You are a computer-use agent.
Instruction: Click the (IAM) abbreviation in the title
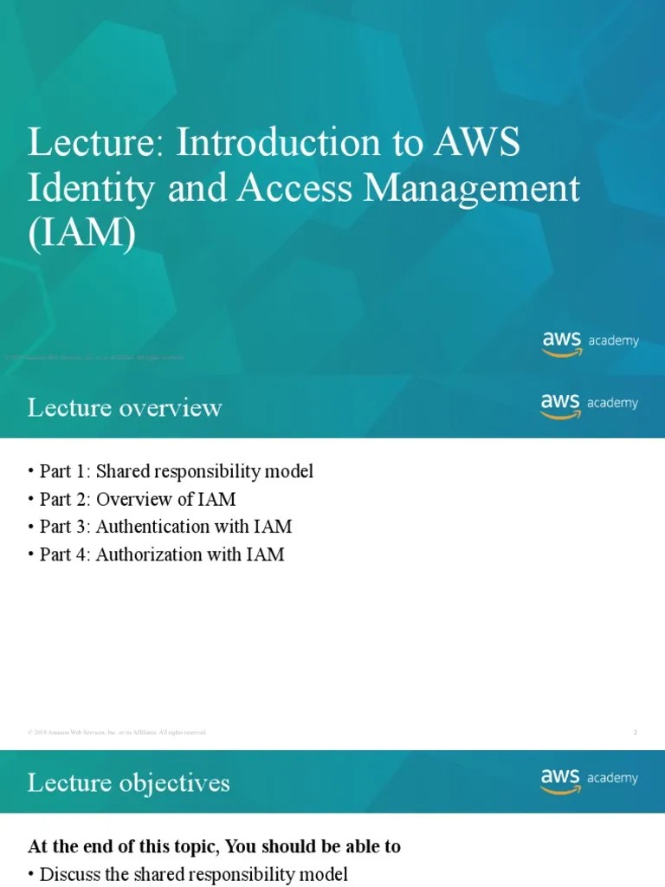pyautogui.click(x=81, y=234)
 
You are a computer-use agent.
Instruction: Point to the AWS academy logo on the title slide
pyautogui.click(x=591, y=341)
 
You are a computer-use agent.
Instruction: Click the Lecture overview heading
pyautogui.click(x=125, y=407)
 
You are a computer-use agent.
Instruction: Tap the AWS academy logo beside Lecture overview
pyautogui.click(x=591, y=404)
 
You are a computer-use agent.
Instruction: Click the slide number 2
pyautogui.click(x=636, y=733)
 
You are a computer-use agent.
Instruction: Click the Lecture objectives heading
pyautogui.click(x=128, y=783)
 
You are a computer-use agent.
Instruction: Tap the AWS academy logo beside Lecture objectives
pyautogui.click(x=591, y=779)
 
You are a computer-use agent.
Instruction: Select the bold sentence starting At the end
pyautogui.click(x=214, y=846)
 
